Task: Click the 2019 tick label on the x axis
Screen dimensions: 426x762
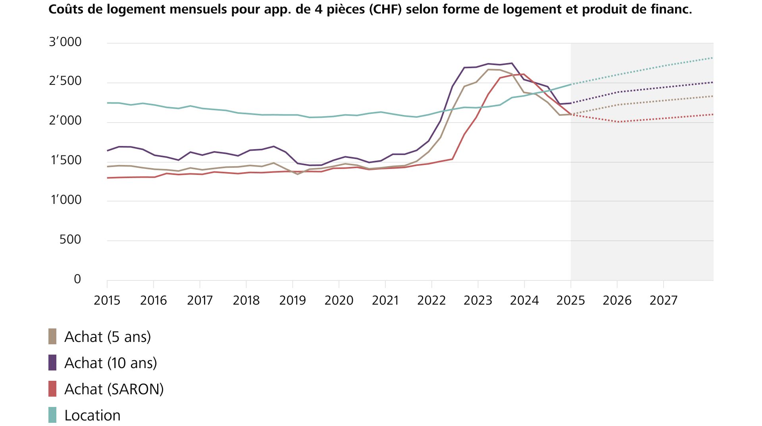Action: tap(292, 300)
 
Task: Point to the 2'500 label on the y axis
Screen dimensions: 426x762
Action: tap(65, 81)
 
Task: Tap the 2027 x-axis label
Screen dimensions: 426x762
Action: tap(663, 300)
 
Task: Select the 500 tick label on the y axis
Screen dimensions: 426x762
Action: tap(70, 240)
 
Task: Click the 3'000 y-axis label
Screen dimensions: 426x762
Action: tap(65, 42)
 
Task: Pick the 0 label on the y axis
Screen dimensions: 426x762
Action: tap(77, 279)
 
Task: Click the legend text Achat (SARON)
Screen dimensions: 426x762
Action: tap(114, 389)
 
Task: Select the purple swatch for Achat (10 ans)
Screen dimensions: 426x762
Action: tap(52, 363)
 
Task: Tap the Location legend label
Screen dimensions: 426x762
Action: tap(92, 415)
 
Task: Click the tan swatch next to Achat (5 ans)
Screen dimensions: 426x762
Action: tap(52, 336)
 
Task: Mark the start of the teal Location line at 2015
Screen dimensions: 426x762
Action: tap(108, 103)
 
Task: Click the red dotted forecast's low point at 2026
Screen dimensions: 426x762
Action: tap(618, 122)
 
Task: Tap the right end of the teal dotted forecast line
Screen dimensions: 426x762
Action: tap(713, 58)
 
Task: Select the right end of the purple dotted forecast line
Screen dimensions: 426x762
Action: tap(713, 83)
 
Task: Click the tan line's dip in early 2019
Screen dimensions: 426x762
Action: tap(298, 174)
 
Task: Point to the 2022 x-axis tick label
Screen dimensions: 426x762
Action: tap(431, 300)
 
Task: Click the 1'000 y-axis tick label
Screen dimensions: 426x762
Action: tap(66, 200)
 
